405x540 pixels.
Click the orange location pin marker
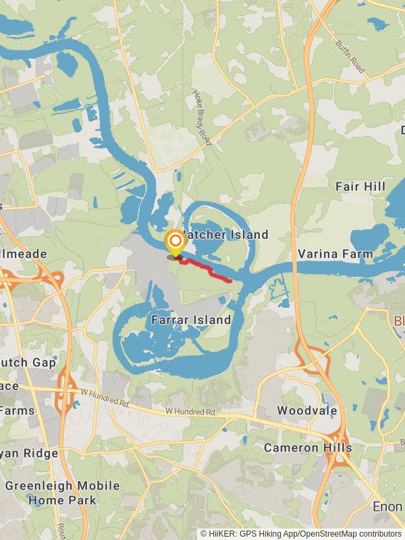[x=175, y=242]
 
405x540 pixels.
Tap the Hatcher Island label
[x=225, y=235]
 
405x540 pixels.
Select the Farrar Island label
[x=191, y=319]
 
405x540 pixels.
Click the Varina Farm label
[x=335, y=254]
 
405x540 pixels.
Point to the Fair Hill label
[x=360, y=186]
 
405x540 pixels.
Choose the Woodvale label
[x=303, y=410]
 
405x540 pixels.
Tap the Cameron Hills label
[x=308, y=448]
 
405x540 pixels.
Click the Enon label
[x=388, y=506]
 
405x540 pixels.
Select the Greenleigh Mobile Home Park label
[x=62, y=493]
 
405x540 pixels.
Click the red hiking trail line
[x=209, y=271]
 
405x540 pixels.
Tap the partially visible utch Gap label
[x=28, y=362]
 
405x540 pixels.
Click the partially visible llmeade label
[x=24, y=254]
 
